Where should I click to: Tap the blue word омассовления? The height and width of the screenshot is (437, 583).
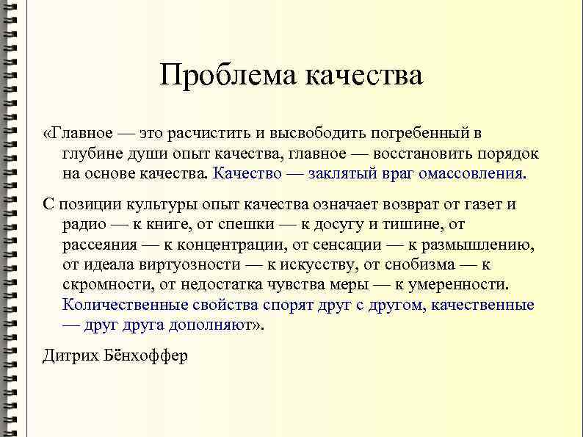click(472, 174)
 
